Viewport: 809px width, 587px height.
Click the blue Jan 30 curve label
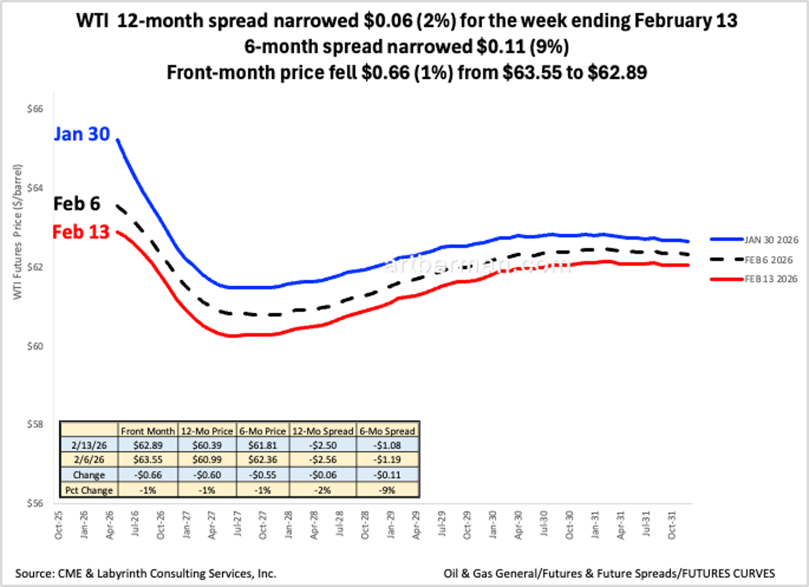(82, 134)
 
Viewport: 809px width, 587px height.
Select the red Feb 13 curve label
(81, 232)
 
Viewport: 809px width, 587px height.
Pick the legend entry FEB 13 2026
(770, 279)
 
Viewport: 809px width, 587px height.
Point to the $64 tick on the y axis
(35, 188)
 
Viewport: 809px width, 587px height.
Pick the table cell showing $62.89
(148, 445)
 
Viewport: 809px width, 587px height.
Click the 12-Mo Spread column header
(323, 431)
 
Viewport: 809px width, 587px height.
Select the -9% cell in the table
(388, 490)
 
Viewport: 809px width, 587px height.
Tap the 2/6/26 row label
(89, 459)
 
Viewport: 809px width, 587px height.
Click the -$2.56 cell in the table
(323, 459)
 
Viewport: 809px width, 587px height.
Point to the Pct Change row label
(89, 490)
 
